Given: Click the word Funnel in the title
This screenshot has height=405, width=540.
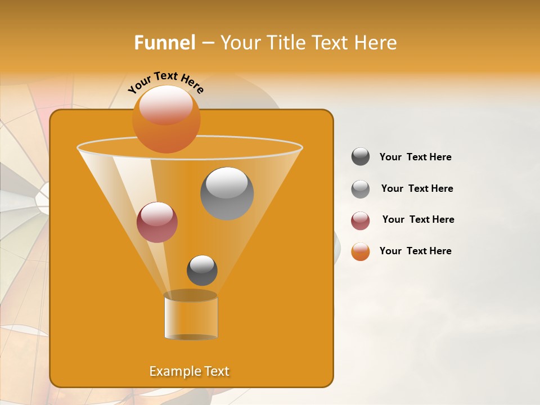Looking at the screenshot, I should pyautogui.click(x=164, y=43).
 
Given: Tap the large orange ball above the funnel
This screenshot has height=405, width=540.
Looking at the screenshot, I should pyautogui.click(x=166, y=119).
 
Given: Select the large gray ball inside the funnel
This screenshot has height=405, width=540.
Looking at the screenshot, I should pyautogui.click(x=227, y=193).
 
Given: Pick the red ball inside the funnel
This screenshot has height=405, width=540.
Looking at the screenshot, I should pyautogui.click(x=157, y=222).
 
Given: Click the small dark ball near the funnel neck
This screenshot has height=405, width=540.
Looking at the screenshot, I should pyautogui.click(x=202, y=271).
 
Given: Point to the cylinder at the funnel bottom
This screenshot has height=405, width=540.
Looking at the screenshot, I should pyautogui.click(x=191, y=316).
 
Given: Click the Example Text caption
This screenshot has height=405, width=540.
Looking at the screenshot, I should pyautogui.click(x=190, y=371).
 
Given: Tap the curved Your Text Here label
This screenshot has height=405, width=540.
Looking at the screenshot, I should pyautogui.click(x=165, y=82).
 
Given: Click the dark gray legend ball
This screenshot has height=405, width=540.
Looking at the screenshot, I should pyautogui.click(x=361, y=157).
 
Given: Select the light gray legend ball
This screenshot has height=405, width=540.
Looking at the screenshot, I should pyautogui.click(x=361, y=189).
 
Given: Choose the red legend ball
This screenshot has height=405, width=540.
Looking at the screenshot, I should pyautogui.click(x=361, y=220).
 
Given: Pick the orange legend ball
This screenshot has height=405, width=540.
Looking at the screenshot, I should pyautogui.click(x=361, y=252).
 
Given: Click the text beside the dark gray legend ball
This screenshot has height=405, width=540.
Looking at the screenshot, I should pyautogui.click(x=415, y=157).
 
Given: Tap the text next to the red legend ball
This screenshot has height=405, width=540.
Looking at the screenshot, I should pyautogui.click(x=418, y=219).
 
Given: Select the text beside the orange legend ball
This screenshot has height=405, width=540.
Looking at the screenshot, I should pyautogui.click(x=415, y=251).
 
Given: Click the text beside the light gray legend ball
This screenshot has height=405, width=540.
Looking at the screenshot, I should pyautogui.click(x=417, y=188).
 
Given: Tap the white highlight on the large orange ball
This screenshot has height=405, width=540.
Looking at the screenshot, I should pyautogui.click(x=166, y=105).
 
